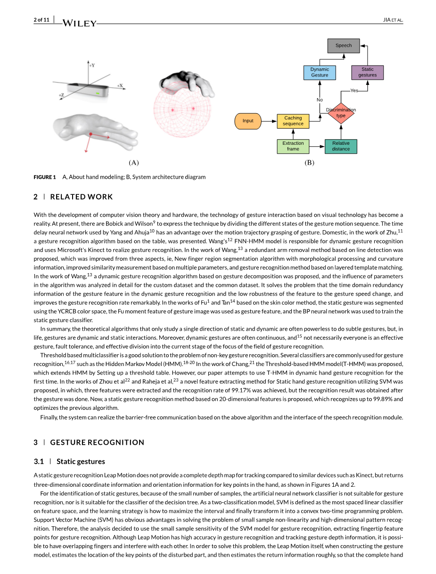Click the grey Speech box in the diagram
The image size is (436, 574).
point(343,45)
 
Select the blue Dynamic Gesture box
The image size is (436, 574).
point(320,72)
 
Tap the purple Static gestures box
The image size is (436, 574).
point(367,72)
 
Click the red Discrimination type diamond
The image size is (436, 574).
point(341,113)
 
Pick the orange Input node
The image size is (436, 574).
point(248,121)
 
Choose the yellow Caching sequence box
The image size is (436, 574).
point(293,121)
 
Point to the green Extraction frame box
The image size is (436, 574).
point(293,146)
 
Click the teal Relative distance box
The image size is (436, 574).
point(341,146)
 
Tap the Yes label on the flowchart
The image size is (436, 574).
point(354,90)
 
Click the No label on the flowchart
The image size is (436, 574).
point(320,100)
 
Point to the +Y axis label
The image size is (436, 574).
point(92,65)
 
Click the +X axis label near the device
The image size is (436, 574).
point(120,86)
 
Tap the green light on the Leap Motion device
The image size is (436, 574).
point(98,93)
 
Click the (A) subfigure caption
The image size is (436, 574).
point(134,163)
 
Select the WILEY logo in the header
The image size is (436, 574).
point(79,23)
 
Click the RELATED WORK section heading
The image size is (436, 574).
point(81,197)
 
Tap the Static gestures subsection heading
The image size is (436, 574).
point(81,461)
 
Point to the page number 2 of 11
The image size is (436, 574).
point(41,20)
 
